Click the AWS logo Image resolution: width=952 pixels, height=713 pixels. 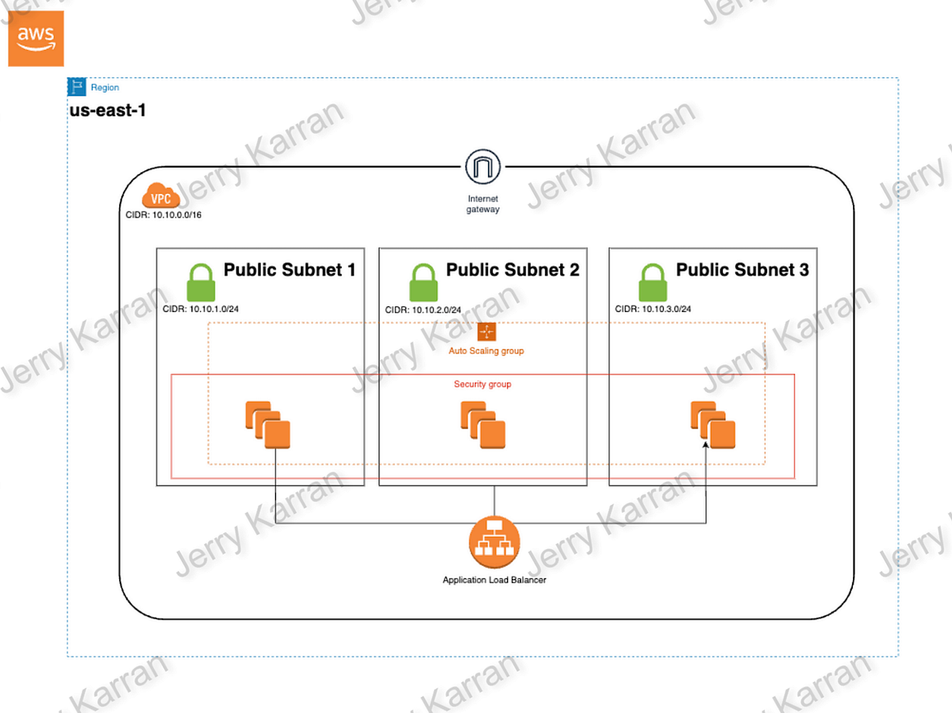click(36, 39)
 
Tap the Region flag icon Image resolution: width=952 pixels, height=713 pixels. click(77, 87)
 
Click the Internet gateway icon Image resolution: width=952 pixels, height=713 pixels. click(483, 168)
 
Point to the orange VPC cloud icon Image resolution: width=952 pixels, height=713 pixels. click(161, 196)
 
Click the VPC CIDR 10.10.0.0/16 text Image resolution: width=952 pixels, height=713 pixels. click(164, 214)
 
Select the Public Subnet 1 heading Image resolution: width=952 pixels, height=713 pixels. click(289, 270)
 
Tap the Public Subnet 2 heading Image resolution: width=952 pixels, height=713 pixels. click(512, 270)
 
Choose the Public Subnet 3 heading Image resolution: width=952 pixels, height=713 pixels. click(742, 270)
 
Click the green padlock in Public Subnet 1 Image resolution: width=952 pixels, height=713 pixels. click(201, 283)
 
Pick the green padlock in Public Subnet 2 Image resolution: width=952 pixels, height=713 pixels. click(424, 283)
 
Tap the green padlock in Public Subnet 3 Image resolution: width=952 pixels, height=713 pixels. click(653, 283)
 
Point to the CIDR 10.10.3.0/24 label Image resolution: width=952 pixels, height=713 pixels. click(653, 310)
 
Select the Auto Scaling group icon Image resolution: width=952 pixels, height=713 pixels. click(486, 333)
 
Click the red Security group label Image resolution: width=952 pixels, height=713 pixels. click(482, 384)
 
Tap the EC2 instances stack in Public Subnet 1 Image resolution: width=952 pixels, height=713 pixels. click(267, 426)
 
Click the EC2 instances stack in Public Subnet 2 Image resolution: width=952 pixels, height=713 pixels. click(482, 426)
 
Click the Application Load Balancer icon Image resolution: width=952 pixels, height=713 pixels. click(494, 541)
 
